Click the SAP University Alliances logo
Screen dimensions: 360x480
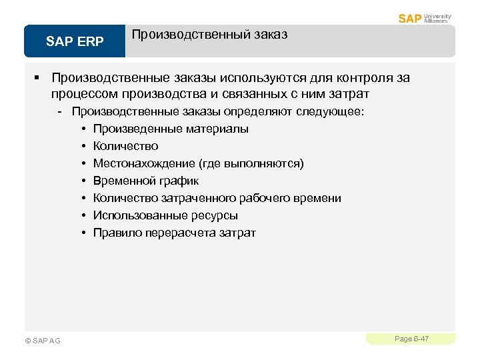click(425, 18)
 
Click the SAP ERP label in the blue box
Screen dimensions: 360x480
click(75, 42)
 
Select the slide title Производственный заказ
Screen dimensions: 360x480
click(209, 35)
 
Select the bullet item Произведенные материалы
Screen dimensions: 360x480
click(171, 129)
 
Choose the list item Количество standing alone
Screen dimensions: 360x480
click(125, 146)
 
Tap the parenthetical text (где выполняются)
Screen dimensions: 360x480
click(247, 163)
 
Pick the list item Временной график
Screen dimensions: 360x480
click(146, 181)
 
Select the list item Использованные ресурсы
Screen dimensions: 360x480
click(165, 215)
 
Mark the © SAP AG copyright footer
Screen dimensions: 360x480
click(42, 341)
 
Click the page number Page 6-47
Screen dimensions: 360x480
click(411, 339)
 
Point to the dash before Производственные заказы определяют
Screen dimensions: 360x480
click(60, 111)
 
